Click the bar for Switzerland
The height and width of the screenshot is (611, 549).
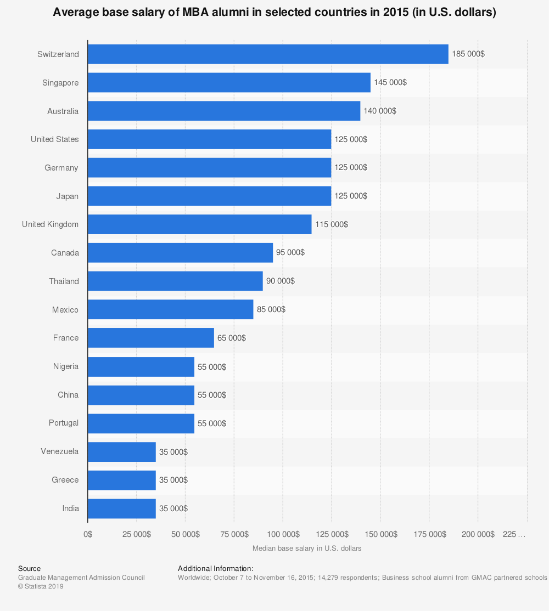pyautogui.click(x=268, y=54)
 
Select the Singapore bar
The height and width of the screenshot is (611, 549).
pyautogui.click(x=229, y=83)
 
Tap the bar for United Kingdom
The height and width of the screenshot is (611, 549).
pyautogui.click(x=199, y=224)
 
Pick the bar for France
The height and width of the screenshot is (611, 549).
pyautogui.click(x=150, y=338)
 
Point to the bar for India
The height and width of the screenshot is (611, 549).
pyautogui.click(x=121, y=508)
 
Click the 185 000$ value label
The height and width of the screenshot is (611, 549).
pyautogui.click(x=468, y=54)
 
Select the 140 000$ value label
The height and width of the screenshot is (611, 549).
pyautogui.click(x=380, y=111)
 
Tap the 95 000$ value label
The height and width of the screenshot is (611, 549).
pyautogui.click(x=290, y=253)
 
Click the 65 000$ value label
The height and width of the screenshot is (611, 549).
pyautogui.click(x=232, y=338)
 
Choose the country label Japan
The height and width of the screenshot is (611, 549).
pyautogui.click(x=67, y=196)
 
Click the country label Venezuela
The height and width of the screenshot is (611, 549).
pyautogui.click(x=59, y=451)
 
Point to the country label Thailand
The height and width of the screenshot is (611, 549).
pyautogui.click(x=64, y=281)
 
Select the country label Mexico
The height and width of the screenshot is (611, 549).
pyautogui.click(x=65, y=310)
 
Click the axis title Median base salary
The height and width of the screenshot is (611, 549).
pyautogui.click(x=307, y=548)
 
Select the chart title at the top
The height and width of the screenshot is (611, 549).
pyautogui.click(x=274, y=13)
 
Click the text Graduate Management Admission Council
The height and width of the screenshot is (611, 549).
pyautogui.click(x=81, y=578)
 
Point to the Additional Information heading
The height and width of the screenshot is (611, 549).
pyautogui.click(x=216, y=569)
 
